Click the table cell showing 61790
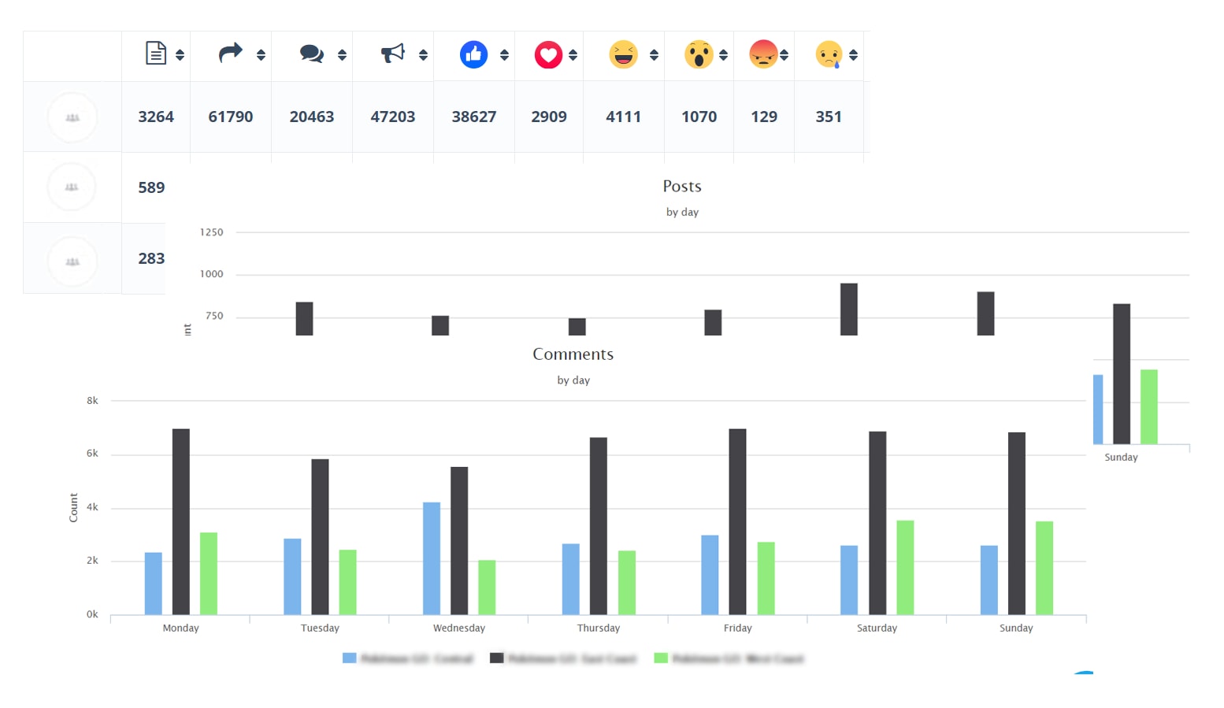(230, 117)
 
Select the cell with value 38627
(473, 117)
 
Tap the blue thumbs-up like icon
(473, 54)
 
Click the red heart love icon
(548, 54)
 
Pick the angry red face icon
(763, 54)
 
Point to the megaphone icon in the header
(392, 54)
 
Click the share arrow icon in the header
(230, 54)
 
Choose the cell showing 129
(763, 117)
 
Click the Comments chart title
(573, 354)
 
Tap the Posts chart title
(681, 187)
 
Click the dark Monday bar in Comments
(181, 521)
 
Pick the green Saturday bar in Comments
(905, 567)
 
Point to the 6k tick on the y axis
(92, 454)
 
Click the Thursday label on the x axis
(598, 628)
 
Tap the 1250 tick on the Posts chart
(211, 232)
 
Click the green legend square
(661, 658)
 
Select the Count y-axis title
(73, 508)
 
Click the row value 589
(151, 187)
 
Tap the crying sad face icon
(829, 54)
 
